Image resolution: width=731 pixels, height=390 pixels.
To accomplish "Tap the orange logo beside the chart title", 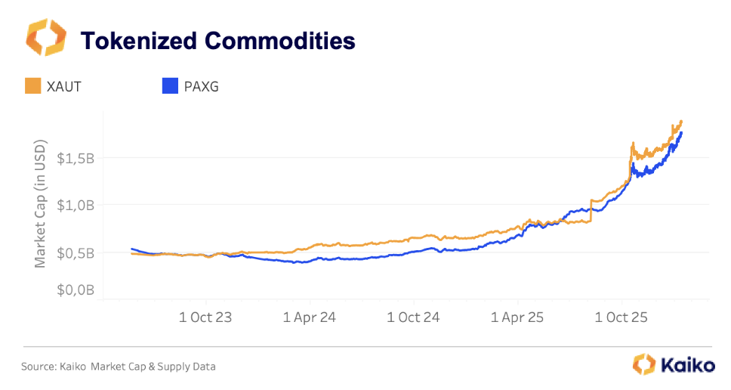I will (46, 37).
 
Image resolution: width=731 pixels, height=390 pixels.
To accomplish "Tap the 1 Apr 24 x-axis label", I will (310, 317).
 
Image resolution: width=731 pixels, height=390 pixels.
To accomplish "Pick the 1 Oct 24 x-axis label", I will (414, 317).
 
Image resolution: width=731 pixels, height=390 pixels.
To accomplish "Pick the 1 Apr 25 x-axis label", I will (517, 317).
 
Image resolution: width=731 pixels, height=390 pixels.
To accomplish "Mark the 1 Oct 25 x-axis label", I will (622, 317).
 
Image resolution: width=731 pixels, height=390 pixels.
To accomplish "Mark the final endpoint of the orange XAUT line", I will (681, 121).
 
